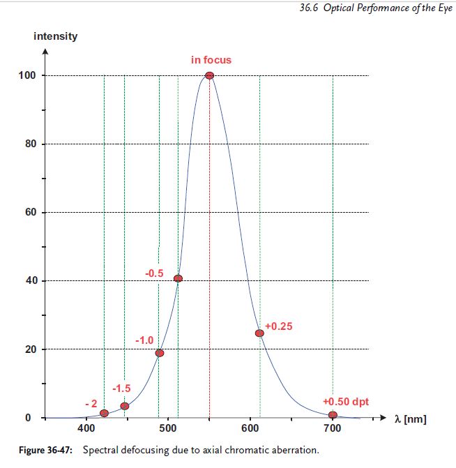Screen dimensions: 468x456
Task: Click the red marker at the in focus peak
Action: coord(209,75)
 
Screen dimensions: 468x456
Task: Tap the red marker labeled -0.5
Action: coord(178,278)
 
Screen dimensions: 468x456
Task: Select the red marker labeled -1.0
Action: coord(159,353)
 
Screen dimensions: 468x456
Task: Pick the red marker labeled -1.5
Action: coord(124,406)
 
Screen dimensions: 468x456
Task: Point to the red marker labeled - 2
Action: coord(104,413)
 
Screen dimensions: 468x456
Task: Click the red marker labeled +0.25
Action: coord(259,333)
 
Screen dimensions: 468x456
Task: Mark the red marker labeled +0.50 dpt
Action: coord(333,415)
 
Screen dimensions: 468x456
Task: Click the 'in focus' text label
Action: coord(211,60)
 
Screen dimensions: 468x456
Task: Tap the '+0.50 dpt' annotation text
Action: coord(346,402)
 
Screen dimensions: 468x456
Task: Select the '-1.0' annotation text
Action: coord(144,340)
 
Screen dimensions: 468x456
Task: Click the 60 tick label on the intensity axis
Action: coord(29,212)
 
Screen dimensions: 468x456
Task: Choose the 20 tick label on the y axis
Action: coord(29,349)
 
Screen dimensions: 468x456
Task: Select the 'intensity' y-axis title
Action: coord(56,36)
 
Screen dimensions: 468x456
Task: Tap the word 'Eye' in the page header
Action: coord(445,8)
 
